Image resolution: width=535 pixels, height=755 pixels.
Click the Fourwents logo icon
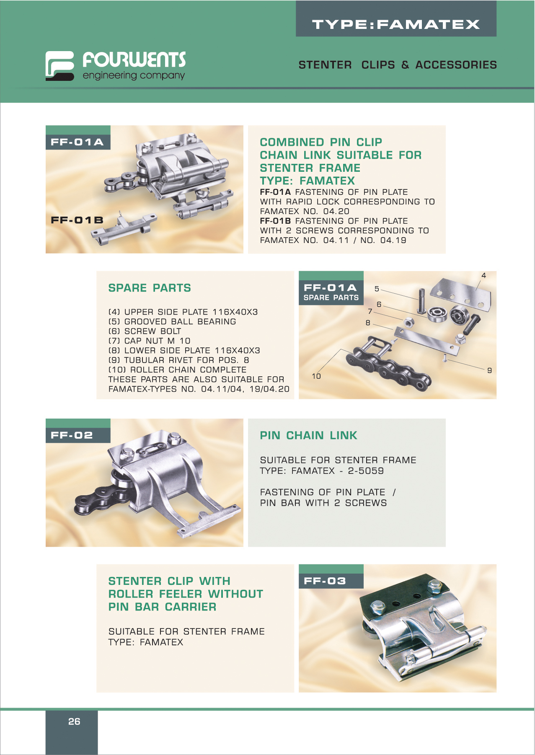pos(60,66)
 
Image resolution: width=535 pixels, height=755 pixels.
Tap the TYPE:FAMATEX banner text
pos(396,24)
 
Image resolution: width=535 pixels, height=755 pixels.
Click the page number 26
pos(74,721)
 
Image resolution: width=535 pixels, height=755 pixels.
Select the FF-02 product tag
pos(72,435)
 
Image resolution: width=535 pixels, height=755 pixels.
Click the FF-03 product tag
pos(325,581)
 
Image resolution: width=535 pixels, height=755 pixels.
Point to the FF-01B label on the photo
pos(77,220)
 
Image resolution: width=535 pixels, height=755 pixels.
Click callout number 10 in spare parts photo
pos(316,376)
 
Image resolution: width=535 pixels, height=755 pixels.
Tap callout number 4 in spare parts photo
pos(483,276)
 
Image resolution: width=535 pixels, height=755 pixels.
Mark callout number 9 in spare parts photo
pos(489,370)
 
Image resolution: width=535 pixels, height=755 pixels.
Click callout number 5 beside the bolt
pos(377,289)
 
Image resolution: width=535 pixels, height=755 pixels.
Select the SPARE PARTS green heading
pos(150,288)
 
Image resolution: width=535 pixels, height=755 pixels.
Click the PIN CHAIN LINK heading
pos(308,435)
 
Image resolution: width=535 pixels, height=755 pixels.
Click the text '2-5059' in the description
pos(366,471)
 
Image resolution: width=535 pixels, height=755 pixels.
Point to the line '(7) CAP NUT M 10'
pos(149,341)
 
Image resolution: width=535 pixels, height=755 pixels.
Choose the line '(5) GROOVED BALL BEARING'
pos(172,321)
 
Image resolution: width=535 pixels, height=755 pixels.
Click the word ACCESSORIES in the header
pos(456,65)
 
